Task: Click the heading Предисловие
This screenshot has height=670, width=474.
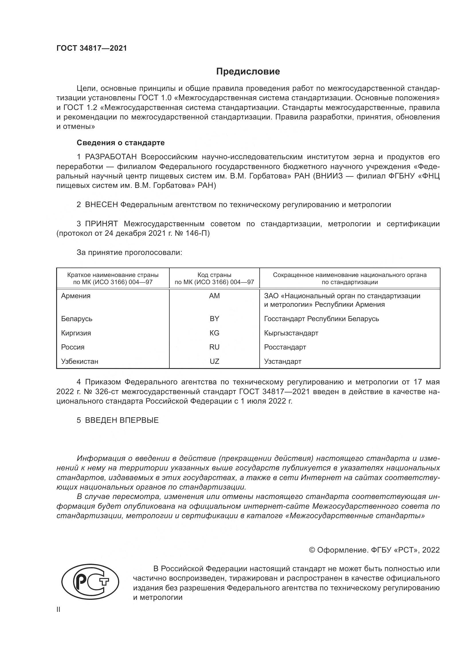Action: (x=248, y=72)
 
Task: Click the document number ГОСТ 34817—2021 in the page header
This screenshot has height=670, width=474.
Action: (x=92, y=48)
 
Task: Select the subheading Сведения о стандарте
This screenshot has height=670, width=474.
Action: (x=121, y=143)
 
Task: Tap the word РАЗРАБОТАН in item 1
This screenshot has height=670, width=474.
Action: (x=111, y=157)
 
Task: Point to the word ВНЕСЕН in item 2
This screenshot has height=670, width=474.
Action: (x=101, y=205)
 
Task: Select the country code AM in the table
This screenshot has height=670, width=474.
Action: (x=214, y=296)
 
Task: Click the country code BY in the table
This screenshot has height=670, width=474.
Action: (x=214, y=319)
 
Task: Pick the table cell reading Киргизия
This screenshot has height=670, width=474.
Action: (x=76, y=333)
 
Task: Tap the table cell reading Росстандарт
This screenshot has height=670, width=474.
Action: (x=285, y=347)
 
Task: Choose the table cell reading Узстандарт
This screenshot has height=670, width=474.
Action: (x=283, y=361)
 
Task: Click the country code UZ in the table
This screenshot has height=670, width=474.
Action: (x=214, y=361)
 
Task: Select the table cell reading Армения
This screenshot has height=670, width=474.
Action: (x=76, y=296)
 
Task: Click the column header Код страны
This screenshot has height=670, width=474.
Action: (x=214, y=275)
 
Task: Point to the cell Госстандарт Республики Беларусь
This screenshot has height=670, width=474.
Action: (x=321, y=319)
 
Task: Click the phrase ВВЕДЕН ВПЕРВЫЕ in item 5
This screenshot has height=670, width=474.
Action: (x=122, y=420)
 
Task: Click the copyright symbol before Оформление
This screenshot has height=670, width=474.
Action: (x=312, y=550)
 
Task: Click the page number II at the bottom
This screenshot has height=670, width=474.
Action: (x=58, y=610)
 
